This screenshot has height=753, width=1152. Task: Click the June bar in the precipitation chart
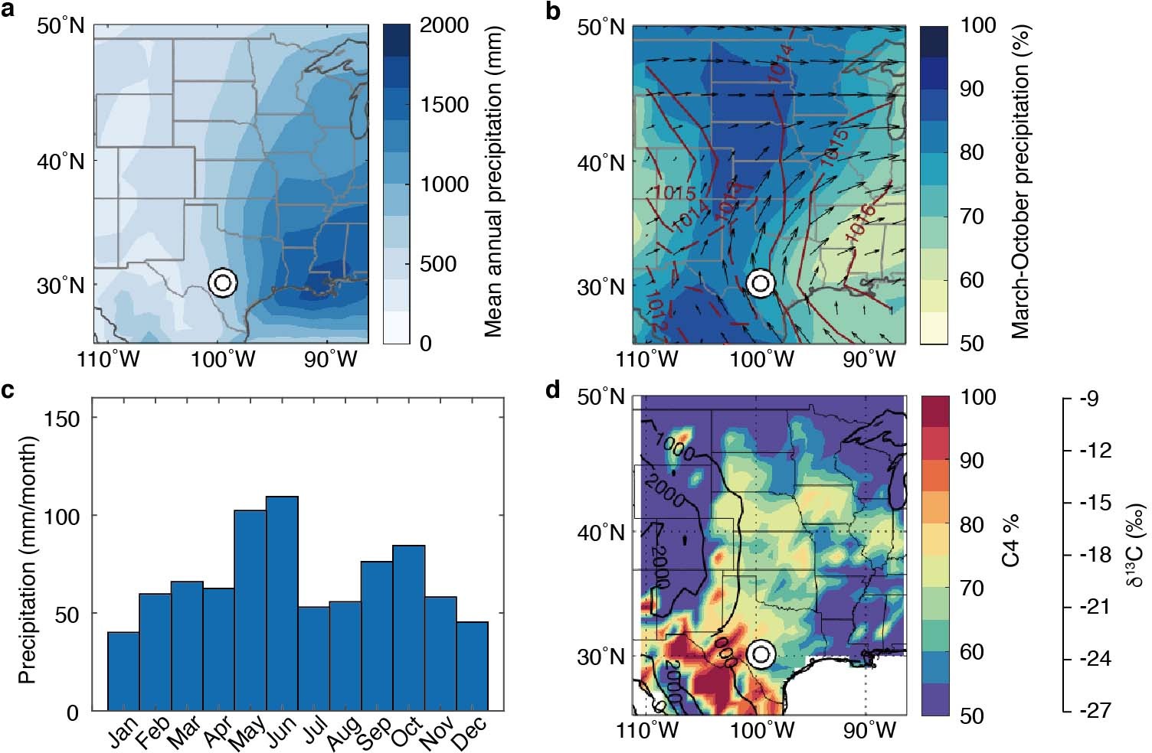click(x=282, y=604)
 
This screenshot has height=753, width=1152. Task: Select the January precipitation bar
click(x=123, y=671)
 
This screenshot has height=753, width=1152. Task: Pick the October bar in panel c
click(x=409, y=628)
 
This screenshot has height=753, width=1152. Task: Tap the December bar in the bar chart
click(x=472, y=666)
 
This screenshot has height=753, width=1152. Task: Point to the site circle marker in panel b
click(x=761, y=283)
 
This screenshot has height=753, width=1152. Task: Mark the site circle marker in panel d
click(x=761, y=654)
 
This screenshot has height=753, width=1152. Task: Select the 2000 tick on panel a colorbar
click(x=446, y=25)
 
